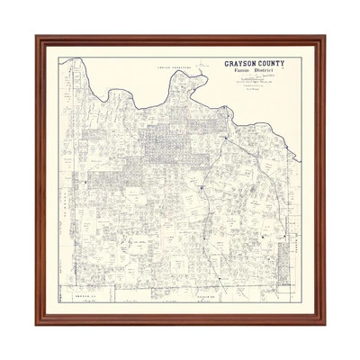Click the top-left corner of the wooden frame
(36, 37)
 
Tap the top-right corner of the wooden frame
(323, 37)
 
